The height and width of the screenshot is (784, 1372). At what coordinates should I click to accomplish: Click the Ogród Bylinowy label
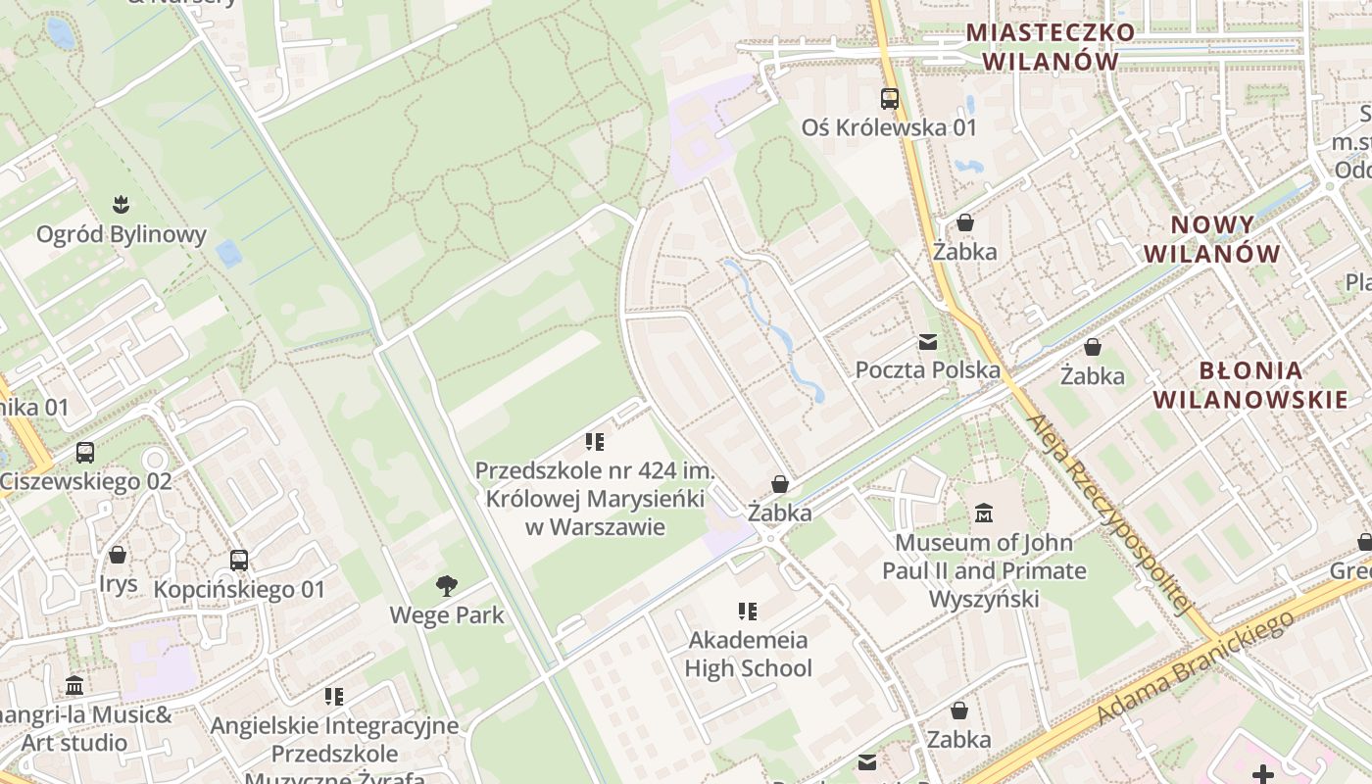click(122, 234)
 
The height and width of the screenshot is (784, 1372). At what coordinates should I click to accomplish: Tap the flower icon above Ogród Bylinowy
click(122, 205)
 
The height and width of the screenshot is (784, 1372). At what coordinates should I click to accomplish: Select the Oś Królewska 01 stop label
click(890, 127)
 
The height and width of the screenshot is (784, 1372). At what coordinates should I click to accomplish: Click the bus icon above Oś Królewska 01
click(890, 98)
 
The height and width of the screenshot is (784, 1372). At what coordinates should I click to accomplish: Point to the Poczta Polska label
click(928, 369)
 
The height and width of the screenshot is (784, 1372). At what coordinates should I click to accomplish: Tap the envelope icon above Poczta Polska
click(927, 342)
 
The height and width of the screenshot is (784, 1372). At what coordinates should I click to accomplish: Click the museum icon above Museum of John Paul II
click(984, 513)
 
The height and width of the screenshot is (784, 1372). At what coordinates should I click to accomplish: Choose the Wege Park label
click(447, 615)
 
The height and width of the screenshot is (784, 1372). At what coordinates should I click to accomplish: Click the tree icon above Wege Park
click(447, 586)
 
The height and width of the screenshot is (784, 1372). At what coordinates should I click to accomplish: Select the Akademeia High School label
click(749, 654)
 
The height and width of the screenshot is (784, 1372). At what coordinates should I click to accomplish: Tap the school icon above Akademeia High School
click(748, 612)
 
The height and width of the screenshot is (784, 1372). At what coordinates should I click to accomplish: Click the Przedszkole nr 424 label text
click(596, 499)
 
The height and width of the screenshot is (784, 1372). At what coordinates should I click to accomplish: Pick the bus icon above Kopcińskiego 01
click(239, 561)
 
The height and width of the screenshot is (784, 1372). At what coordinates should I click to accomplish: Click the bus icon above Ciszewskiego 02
click(85, 453)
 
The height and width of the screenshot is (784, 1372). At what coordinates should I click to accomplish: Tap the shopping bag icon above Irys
click(118, 555)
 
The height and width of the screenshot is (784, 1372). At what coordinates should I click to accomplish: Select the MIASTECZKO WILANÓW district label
click(1051, 46)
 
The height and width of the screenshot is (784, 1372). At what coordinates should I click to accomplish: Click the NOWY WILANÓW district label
click(1212, 239)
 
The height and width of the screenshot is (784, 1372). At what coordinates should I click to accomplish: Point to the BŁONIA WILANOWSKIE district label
click(1250, 385)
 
